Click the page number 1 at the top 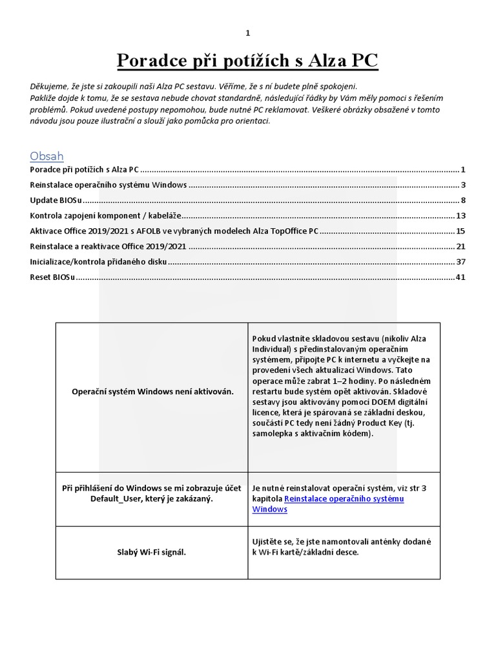247,33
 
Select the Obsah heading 46,156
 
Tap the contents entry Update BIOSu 54,200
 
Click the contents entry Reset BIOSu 52,277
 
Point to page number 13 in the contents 460,216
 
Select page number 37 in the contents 460,262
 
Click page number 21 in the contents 460,246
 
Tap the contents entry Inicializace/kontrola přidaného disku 99,262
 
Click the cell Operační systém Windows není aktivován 152,392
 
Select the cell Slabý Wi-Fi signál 152,552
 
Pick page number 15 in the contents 460,231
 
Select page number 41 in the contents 460,277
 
